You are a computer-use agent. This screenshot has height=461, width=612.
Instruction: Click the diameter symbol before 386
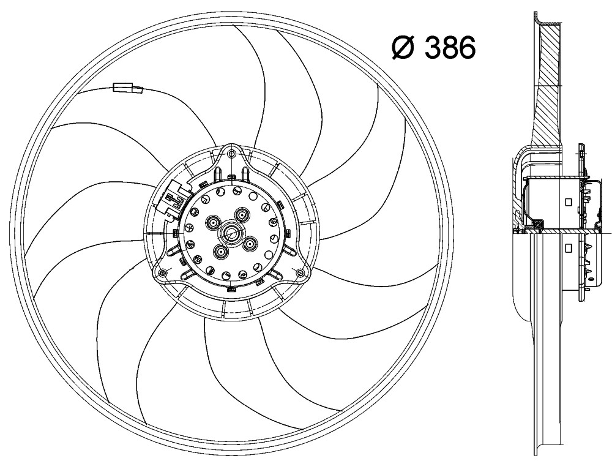[x=403, y=48]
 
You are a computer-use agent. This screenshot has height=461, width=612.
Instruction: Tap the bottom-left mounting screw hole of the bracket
[x=163, y=272]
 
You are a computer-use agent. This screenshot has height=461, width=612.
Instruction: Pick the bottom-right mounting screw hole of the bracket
[x=300, y=272]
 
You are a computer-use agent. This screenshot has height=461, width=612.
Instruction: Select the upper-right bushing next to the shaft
[x=242, y=215]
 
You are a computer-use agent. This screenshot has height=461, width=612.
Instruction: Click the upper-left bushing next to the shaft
[x=214, y=223]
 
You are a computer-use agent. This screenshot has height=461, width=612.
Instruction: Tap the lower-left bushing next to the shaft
[x=222, y=252]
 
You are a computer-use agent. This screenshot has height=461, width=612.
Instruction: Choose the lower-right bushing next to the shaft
[x=250, y=244]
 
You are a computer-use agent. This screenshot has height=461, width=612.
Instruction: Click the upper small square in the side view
[x=569, y=202]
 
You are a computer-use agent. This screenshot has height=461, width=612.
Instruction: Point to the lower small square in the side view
[x=569, y=247]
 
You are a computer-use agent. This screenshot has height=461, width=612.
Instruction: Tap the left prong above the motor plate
[x=218, y=174]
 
